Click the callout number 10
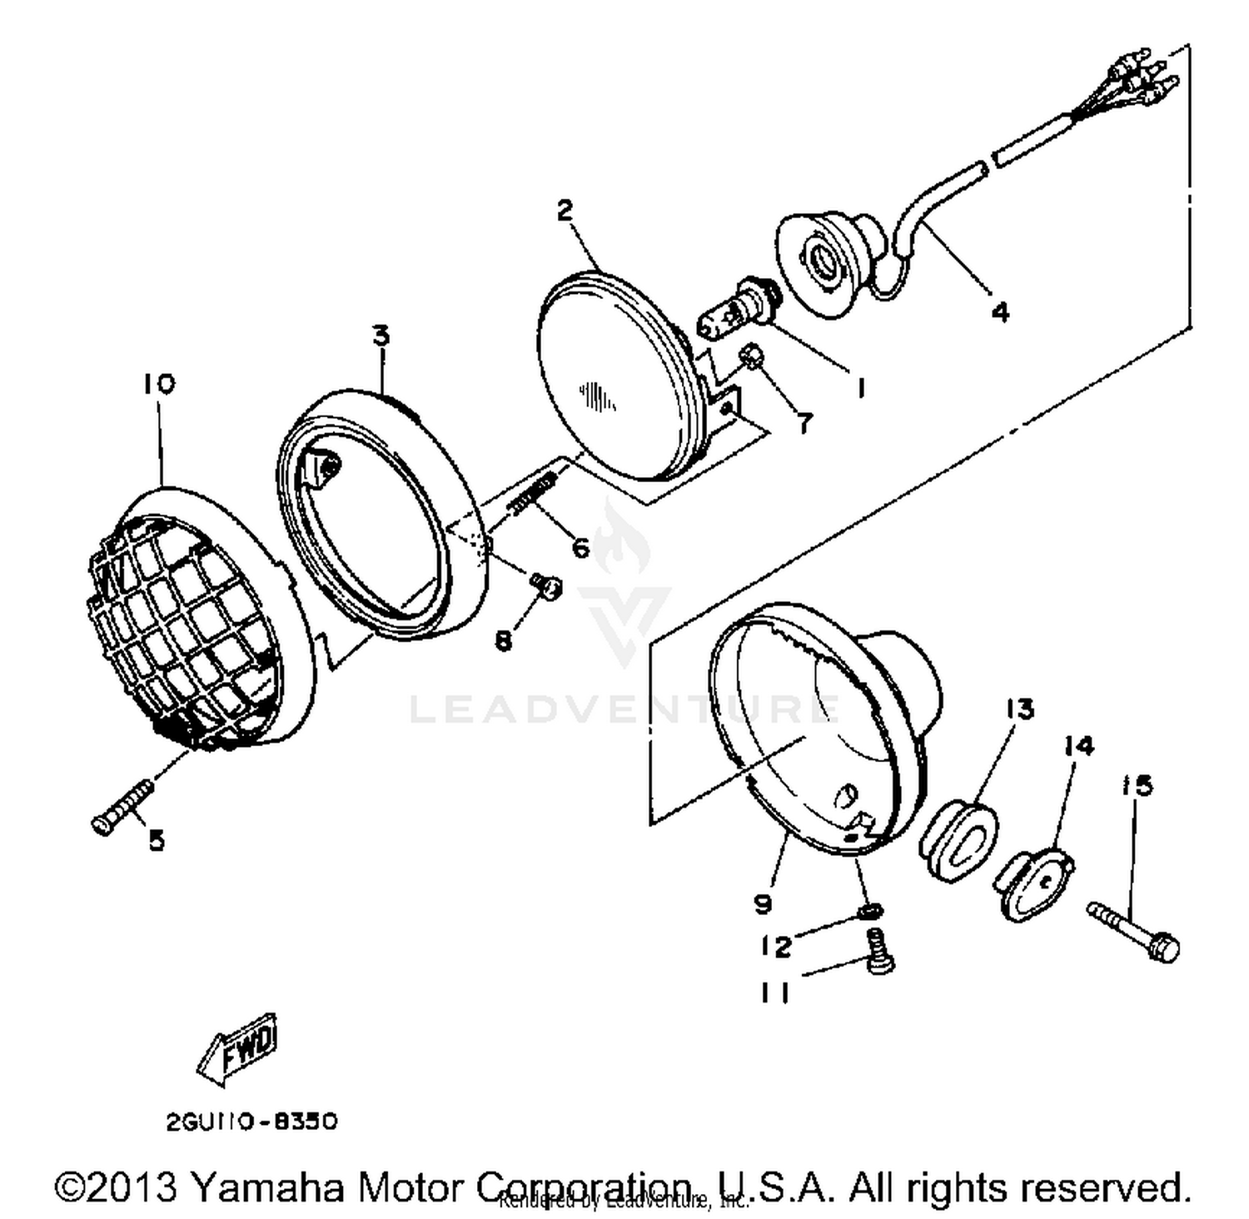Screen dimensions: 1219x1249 [x=158, y=384]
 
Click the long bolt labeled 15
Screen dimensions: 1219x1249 [x=1134, y=931]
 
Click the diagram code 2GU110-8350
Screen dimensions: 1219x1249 [x=251, y=1122]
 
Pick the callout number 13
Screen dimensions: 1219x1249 [x=1019, y=709]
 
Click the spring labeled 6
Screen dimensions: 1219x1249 [x=535, y=496]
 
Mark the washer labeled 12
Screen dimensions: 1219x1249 [x=869, y=913]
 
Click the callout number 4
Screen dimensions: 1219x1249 [x=999, y=311]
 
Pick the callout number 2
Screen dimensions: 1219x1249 [x=565, y=210]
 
